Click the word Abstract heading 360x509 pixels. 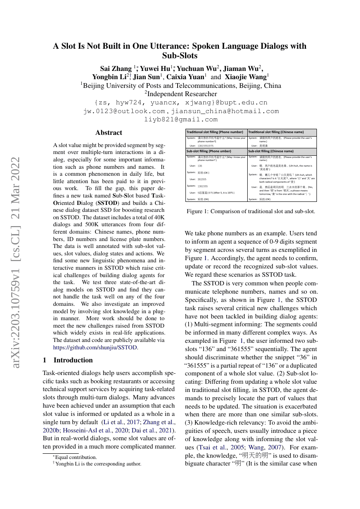(109, 133)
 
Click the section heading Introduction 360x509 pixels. (73, 360)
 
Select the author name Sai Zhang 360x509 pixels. (116, 68)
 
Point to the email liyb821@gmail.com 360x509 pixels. (181, 119)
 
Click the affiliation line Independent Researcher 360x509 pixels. (181, 94)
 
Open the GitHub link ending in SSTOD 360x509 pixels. (96, 347)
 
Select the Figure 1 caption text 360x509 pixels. (250, 211)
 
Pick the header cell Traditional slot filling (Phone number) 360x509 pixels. (215, 132)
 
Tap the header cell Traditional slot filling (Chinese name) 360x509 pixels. (276, 132)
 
